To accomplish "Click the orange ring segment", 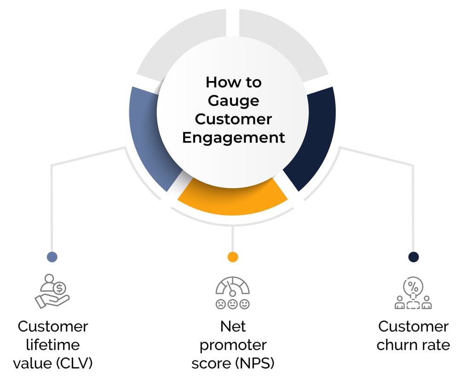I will click(x=232, y=198).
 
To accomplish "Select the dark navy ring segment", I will click(x=313, y=138).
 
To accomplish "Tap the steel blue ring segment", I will click(x=150, y=138).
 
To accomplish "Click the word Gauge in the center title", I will click(x=233, y=101).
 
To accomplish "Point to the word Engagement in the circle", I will click(x=233, y=138).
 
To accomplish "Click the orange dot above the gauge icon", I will click(x=233, y=257).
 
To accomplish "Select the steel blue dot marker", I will click(x=52, y=257).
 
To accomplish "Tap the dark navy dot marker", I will click(x=414, y=257).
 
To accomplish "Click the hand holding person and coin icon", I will click(x=52, y=291).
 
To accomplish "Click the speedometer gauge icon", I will click(x=232, y=286).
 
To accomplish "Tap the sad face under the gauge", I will click(x=221, y=304).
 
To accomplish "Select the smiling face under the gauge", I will click(x=244, y=304).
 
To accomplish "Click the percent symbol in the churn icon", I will click(x=413, y=285).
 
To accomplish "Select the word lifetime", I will click(x=52, y=345).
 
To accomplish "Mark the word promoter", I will click(x=233, y=345).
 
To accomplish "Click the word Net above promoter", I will click(x=233, y=326).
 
